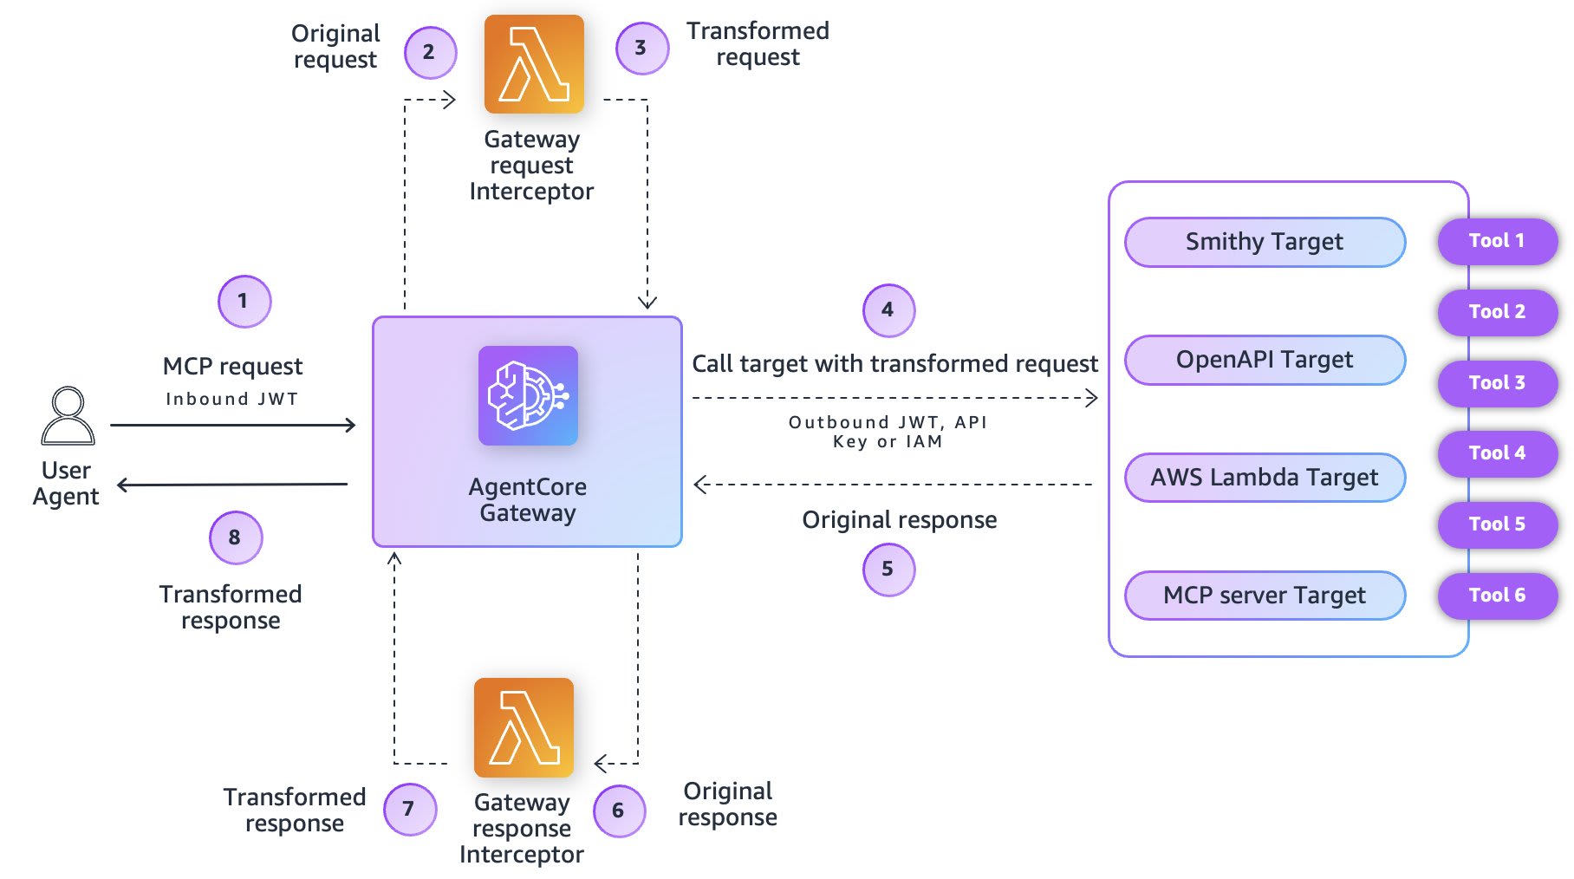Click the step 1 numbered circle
pyautogui.click(x=244, y=302)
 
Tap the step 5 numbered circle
pyautogui.click(x=888, y=570)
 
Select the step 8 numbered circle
pyautogui.click(x=235, y=537)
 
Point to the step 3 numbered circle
pyautogui.click(x=641, y=49)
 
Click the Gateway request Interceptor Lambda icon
pyautogui.click(x=534, y=64)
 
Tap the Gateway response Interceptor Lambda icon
pyautogui.click(x=524, y=727)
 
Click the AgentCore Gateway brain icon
pyautogui.click(x=528, y=396)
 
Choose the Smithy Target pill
pyautogui.click(x=1265, y=242)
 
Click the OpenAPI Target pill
pyautogui.click(x=1265, y=360)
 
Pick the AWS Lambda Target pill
pyautogui.click(x=1265, y=478)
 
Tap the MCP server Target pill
pyautogui.click(x=1265, y=596)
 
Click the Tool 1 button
pyautogui.click(x=1497, y=241)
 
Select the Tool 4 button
pyautogui.click(x=1497, y=453)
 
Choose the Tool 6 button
pyautogui.click(x=1497, y=596)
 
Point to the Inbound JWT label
pyautogui.click(x=231, y=399)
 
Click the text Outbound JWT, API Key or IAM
pyautogui.click(x=888, y=432)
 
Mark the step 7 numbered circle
pyautogui.click(x=409, y=810)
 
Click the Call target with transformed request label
pyautogui.click(x=894, y=364)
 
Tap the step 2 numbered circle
pyautogui.click(x=430, y=52)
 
